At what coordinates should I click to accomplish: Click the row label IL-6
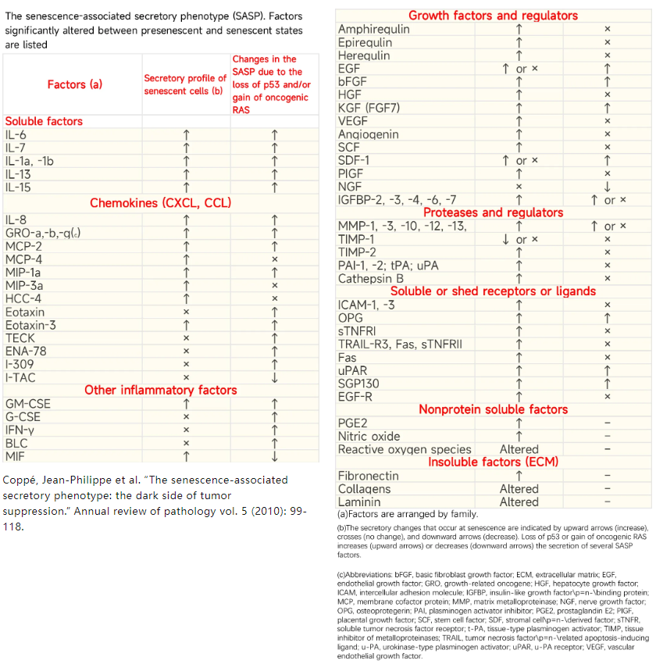click(16, 135)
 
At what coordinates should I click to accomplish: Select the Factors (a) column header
click(75, 84)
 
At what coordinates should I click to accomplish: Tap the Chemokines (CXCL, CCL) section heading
click(161, 203)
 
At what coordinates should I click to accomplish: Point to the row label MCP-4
click(23, 259)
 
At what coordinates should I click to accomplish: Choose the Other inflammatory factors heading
click(161, 390)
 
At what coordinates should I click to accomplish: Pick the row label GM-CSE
click(27, 404)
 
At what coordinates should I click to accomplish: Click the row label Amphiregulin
click(373, 29)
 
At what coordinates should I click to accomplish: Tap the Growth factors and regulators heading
click(493, 16)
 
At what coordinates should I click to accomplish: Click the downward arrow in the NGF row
click(608, 187)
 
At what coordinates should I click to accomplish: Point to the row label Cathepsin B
click(370, 278)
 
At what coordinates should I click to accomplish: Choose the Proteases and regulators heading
click(493, 212)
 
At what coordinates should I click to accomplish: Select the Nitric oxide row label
click(369, 437)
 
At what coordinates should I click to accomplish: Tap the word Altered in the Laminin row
click(519, 502)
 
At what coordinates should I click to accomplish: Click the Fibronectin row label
click(369, 476)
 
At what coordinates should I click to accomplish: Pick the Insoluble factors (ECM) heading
click(493, 462)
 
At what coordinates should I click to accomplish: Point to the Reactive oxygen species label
click(405, 450)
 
